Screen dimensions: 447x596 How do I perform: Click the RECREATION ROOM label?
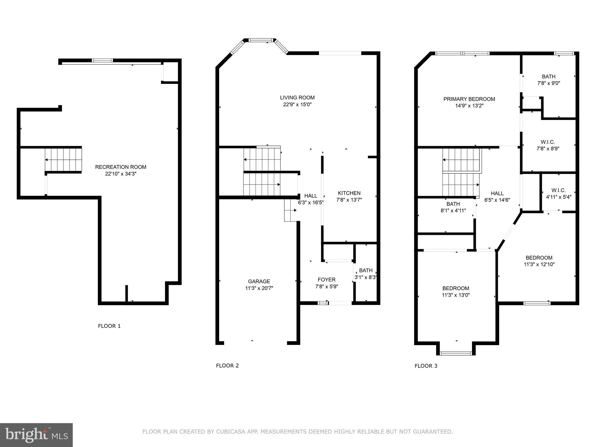pos(120,167)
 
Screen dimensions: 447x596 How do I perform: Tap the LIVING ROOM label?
pos(297,98)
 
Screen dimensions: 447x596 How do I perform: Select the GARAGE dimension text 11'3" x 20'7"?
pos(259,288)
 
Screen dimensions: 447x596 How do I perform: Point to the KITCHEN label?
pos(349,193)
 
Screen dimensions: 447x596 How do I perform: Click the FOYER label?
pos(327,280)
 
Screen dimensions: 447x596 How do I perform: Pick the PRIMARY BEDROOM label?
pos(469,99)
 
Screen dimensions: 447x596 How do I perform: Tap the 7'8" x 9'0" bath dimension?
pos(549,83)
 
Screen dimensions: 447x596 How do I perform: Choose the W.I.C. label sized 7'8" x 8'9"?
pos(548,142)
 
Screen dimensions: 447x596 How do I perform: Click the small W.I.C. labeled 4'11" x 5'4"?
pos(558,190)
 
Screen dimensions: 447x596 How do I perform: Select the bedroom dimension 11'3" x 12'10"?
pos(539,265)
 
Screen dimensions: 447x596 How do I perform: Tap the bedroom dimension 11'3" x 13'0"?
pos(456,295)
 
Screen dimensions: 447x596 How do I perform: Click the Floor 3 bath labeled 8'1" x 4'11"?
pos(453,204)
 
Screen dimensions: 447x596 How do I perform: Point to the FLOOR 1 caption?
pos(109,326)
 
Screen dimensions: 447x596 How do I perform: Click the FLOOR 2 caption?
pos(227,366)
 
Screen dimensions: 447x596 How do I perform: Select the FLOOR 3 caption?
pos(426,366)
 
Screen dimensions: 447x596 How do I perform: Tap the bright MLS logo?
pos(36,435)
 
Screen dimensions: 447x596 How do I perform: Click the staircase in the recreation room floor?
pos(63,159)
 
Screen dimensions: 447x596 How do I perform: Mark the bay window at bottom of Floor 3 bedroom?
pos(456,353)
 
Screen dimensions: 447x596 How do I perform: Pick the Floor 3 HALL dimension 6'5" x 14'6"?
pos(497,200)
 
